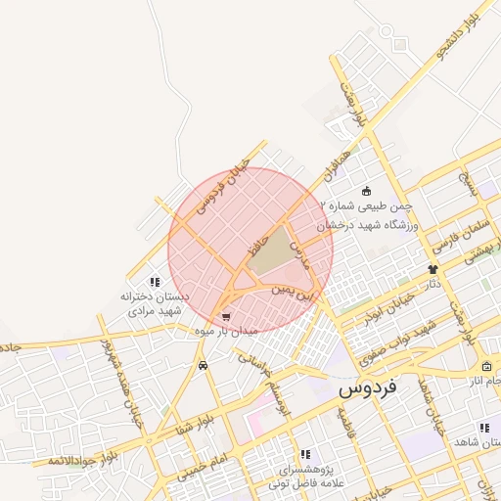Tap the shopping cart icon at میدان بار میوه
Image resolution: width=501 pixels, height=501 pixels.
[x=227, y=317]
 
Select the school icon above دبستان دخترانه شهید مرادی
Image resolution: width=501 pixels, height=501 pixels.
[x=155, y=282]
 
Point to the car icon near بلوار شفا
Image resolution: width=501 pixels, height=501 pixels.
[x=203, y=365]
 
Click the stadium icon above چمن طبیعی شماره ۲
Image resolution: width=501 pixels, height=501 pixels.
[x=366, y=190]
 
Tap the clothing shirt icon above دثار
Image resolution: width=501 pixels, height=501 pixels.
[x=432, y=269]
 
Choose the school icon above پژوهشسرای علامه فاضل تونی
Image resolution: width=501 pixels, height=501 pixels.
[x=305, y=454]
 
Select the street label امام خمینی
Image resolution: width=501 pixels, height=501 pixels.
[x=207, y=460]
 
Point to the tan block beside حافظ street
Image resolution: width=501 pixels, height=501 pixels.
[x=278, y=249]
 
